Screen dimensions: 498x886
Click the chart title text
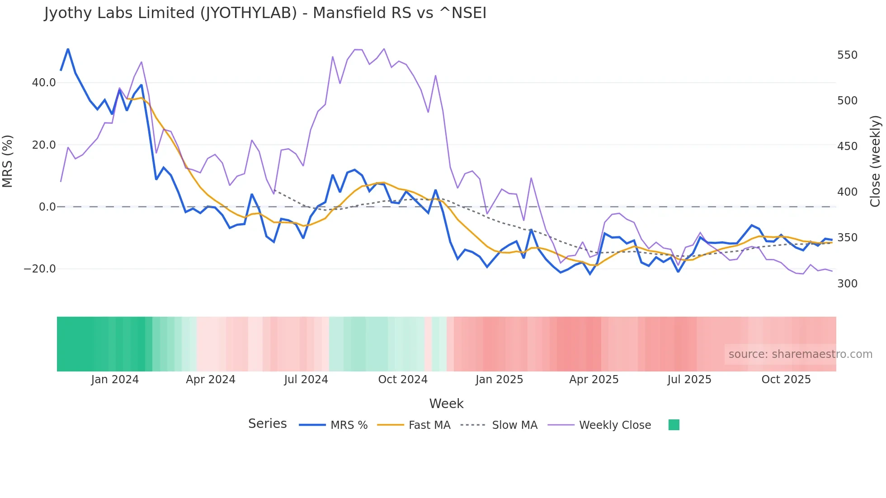tap(265, 13)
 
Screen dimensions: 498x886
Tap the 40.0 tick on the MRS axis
tap(44, 83)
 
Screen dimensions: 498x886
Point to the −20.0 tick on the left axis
tap(40, 269)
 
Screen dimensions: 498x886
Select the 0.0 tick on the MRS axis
tap(47, 207)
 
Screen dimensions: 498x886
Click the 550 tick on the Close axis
tap(847, 55)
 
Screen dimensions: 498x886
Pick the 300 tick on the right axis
tap(847, 284)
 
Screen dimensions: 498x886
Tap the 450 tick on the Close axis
tap(847, 146)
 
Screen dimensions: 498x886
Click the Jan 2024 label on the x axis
tap(115, 380)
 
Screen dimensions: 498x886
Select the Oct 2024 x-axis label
tap(403, 380)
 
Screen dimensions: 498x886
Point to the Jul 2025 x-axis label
tap(689, 380)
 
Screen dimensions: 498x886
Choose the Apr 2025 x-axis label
tap(594, 380)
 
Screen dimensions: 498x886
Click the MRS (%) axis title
tap(8, 161)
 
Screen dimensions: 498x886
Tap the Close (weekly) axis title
tap(876, 161)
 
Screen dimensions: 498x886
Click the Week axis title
tap(446, 404)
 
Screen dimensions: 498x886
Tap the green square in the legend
tap(674, 425)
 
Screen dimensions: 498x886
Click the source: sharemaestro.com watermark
tap(800, 354)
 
